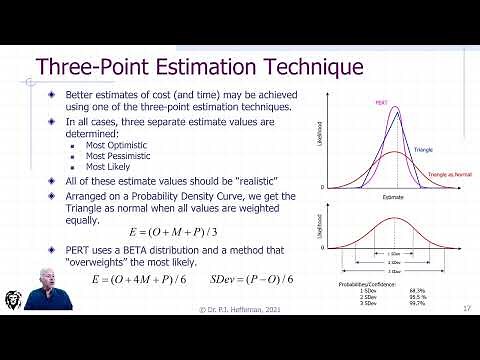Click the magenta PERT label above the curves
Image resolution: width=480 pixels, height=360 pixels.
coord(382,102)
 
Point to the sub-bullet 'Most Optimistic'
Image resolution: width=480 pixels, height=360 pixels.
coord(114,145)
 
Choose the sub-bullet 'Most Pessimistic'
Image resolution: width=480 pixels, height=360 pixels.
coord(115,156)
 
